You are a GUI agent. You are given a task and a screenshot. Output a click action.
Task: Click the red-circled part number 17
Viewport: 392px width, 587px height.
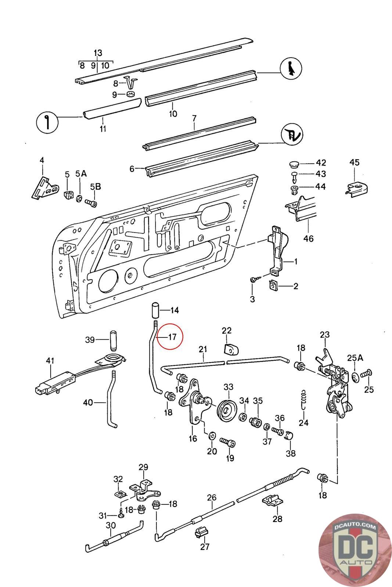click(172, 336)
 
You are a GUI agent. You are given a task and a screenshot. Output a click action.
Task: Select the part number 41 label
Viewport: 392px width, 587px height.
click(50, 361)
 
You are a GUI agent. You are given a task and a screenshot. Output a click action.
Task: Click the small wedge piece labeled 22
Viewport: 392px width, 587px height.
click(231, 349)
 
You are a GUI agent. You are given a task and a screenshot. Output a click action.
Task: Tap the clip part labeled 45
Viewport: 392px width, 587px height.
click(356, 188)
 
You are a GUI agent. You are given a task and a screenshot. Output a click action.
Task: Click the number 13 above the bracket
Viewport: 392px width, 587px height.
click(98, 53)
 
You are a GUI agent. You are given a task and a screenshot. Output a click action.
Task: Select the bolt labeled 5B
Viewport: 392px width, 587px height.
click(91, 203)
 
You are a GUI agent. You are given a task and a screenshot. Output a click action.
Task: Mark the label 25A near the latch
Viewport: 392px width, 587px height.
click(355, 358)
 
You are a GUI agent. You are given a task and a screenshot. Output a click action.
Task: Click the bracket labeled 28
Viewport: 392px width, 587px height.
click(273, 500)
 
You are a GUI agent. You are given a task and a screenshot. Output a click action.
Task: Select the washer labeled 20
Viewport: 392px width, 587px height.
click(212, 436)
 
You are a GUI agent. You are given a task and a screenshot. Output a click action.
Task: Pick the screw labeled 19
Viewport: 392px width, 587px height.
click(227, 442)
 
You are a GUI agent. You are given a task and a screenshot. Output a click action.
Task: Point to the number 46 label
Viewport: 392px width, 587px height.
click(308, 238)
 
